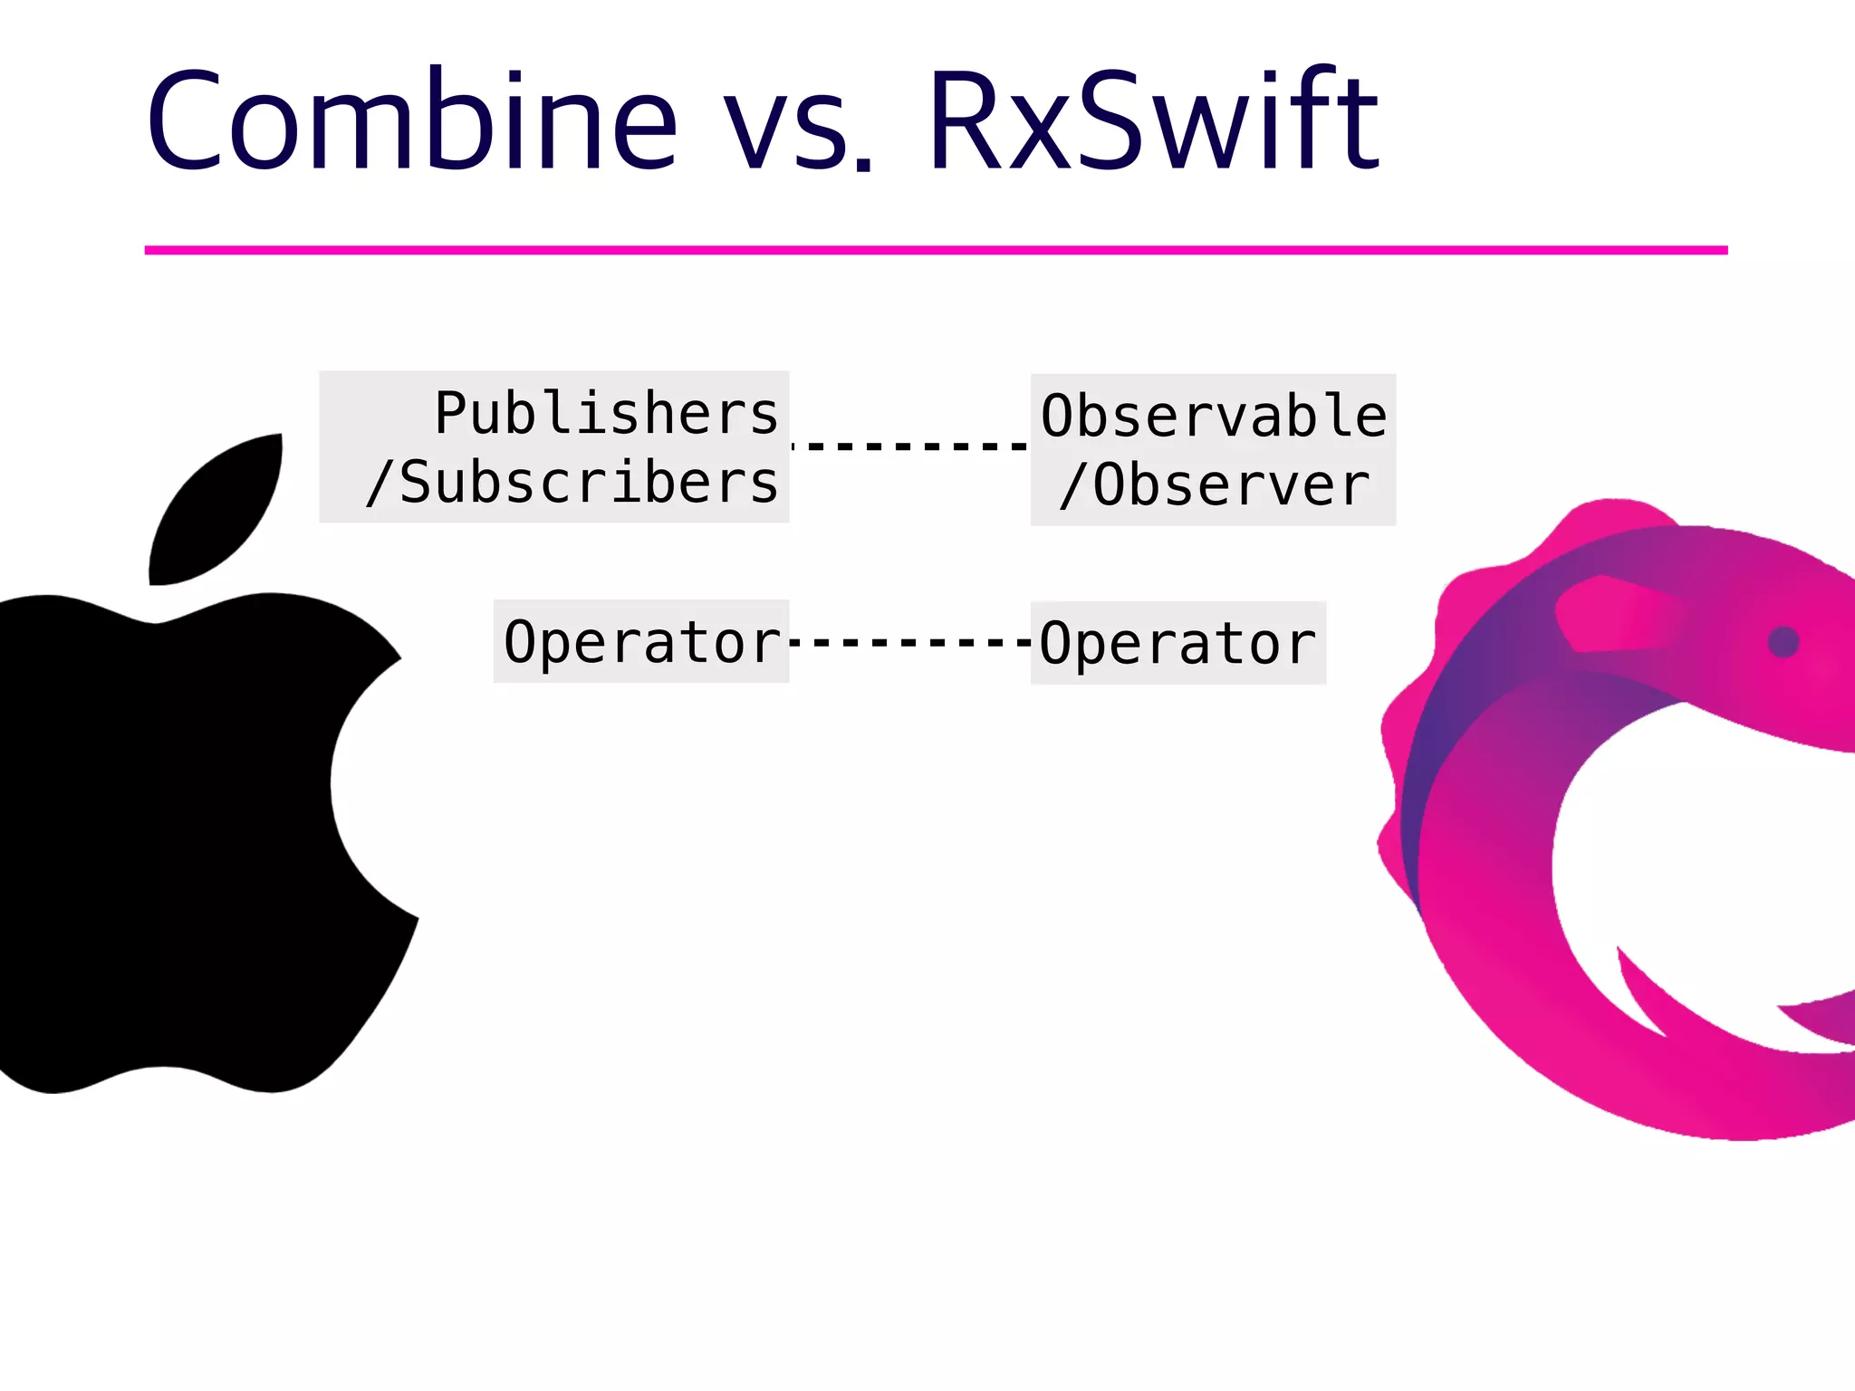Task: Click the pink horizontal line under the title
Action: coord(936,250)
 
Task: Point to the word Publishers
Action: coord(606,413)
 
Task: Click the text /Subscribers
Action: coord(572,483)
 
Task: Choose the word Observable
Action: coord(1214,417)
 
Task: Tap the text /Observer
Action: coord(1214,485)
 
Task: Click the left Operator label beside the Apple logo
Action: coord(641,642)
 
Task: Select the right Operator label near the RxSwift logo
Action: coord(1177,644)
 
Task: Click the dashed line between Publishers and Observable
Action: coord(910,446)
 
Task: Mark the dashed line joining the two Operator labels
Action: coord(910,642)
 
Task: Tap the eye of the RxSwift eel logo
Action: coord(1783,642)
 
